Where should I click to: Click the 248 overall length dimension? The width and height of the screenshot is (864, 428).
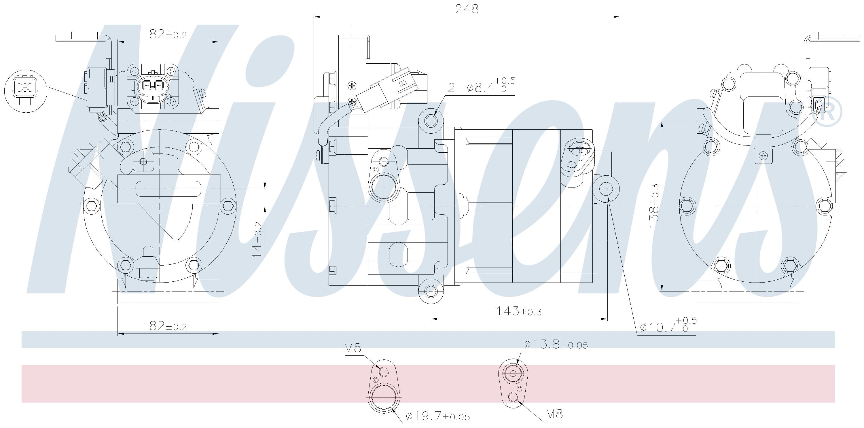point(467,9)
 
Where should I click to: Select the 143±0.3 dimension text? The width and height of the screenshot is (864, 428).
point(519,311)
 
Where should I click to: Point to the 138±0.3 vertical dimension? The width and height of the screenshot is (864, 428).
point(654,206)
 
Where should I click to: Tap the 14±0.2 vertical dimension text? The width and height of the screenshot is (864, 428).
point(257,240)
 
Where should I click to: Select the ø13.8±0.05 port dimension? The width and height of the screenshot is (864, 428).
point(556,344)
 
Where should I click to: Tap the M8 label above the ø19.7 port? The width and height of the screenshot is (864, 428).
point(353,348)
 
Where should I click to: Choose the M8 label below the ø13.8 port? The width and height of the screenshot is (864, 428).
point(554,414)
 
